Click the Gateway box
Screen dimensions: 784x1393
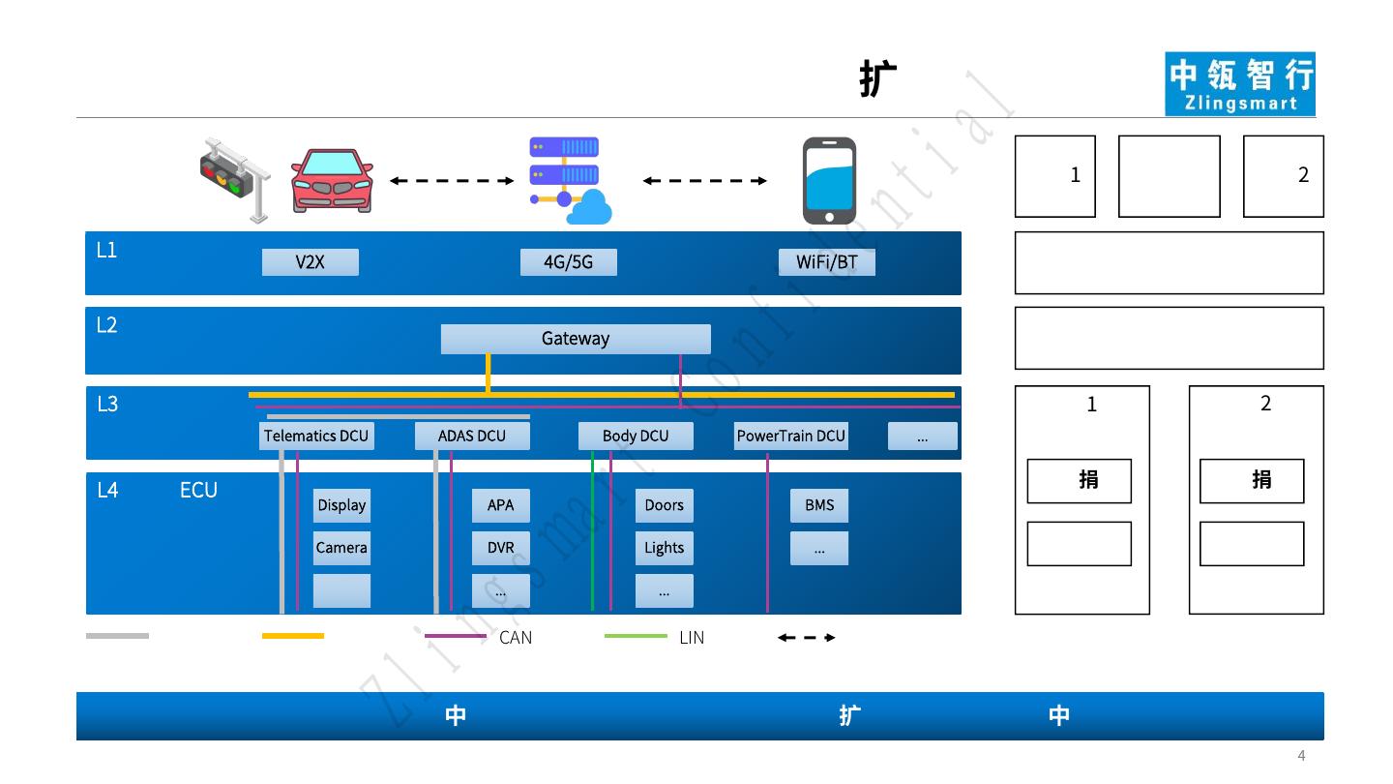pyautogui.click(x=576, y=339)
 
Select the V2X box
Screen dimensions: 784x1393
pyautogui.click(x=310, y=262)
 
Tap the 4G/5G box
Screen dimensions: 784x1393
pyautogui.click(x=568, y=262)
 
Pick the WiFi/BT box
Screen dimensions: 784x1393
pyautogui.click(x=827, y=262)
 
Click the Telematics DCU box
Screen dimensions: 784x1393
pyautogui.click(x=316, y=437)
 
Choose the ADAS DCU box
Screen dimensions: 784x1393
pyautogui.click(x=472, y=437)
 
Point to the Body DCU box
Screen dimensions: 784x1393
pyautogui.click(x=636, y=437)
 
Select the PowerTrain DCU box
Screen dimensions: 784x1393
pyautogui.click(x=791, y=437)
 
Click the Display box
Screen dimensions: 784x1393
pyautogui.click(x=341, y=505)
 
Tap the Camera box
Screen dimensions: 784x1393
pyautogui.click(x=341, y=548)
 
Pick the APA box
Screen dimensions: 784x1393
pyautogui.click(x=501, y=505)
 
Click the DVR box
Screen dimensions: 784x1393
pyautogui.click(x=501, y=548)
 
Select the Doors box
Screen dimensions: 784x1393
pyautogui.click(x=665, y=505)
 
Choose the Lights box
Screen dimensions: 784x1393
pyautogui.click(x=665, y=548)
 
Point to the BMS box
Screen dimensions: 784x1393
pyautogui.click(x=819, y=505)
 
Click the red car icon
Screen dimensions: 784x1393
pyautogui.click(x=333, y=180)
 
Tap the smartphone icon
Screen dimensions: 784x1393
pyautogui.click(x=829, y=181)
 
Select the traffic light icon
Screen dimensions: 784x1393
pyautogui.click(x=236, y=179)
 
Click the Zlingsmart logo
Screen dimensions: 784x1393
pyautogui.click(x=1240, y=84)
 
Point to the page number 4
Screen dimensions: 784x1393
pyautogui.click(x=1301, y=756)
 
